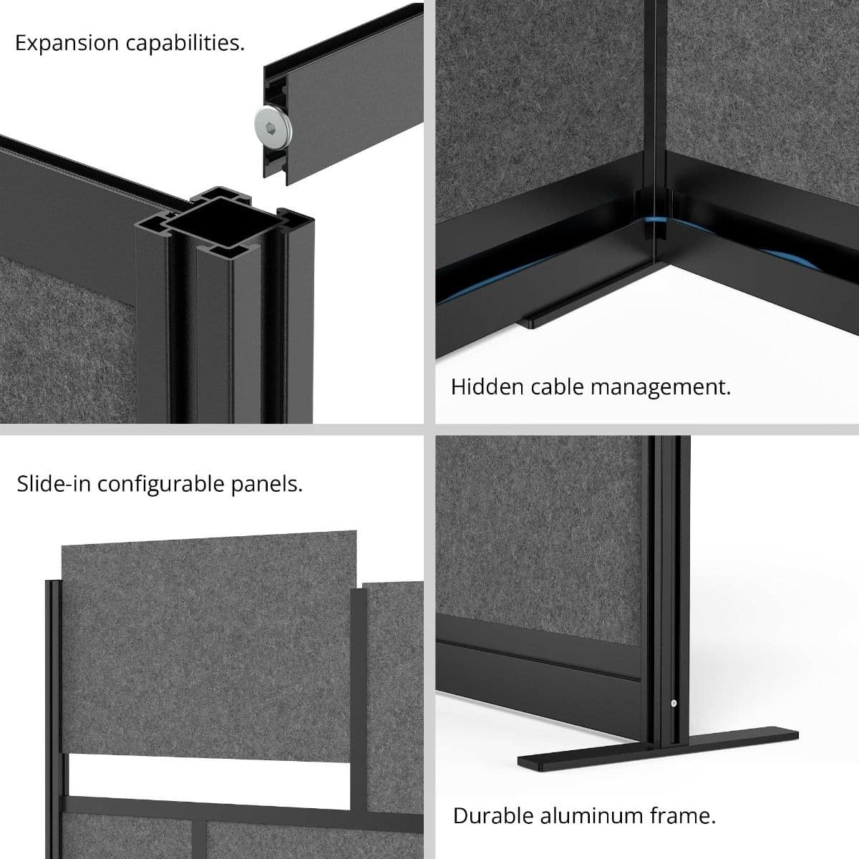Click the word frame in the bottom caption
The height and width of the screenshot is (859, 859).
[x=688, y=815]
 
